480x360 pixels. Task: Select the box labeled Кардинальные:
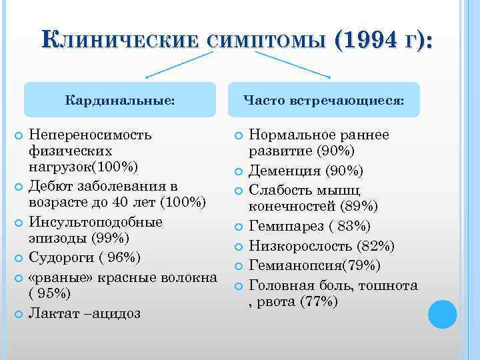(x=121, y=100)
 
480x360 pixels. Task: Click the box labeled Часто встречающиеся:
(x=323, y=100)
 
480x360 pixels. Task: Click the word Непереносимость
(x=91, y=135)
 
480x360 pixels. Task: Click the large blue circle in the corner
(x=442, y=313)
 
